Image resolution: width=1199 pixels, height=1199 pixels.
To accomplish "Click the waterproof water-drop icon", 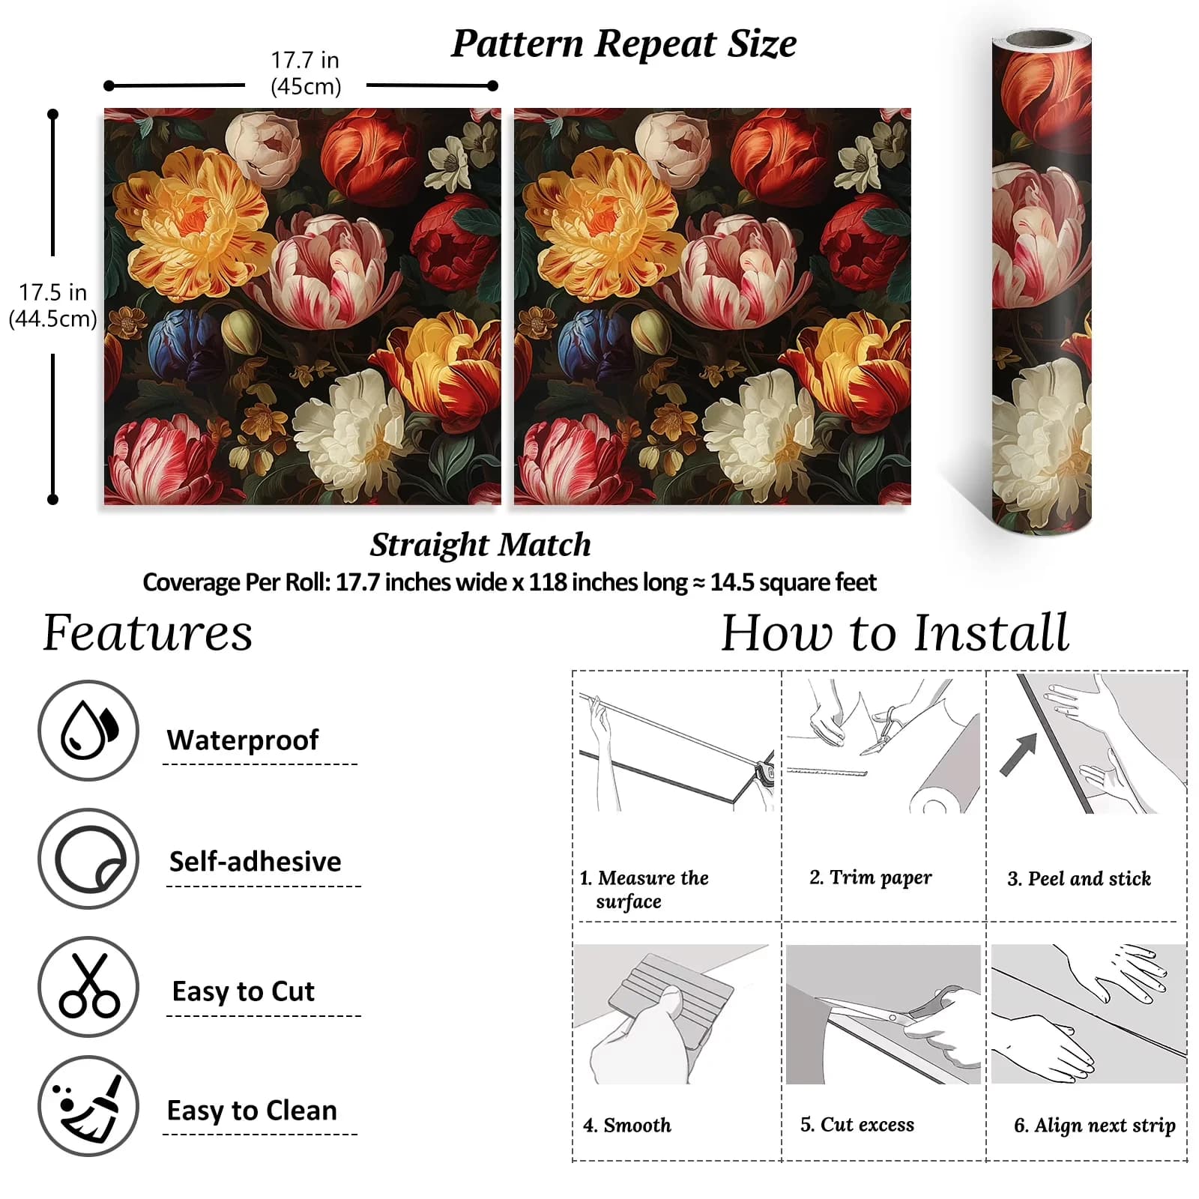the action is [88, 730].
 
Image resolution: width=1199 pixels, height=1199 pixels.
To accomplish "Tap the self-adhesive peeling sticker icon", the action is [88, 859].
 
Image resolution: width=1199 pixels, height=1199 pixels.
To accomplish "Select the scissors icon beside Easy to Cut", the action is [88, 986].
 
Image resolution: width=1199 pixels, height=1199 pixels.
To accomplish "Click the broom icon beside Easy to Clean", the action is [88, 1107].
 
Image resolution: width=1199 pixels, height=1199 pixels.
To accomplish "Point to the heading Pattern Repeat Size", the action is [623, 43].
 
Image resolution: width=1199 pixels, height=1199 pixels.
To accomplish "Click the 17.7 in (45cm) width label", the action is [305, 73].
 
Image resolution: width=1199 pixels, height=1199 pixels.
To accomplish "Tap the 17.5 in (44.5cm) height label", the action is [52, 305].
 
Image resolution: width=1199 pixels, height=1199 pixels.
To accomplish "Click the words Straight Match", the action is [480, 545].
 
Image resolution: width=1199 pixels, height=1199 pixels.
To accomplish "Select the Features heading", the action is [148, 633].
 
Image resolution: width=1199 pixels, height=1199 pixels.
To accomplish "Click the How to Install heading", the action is [895, 633].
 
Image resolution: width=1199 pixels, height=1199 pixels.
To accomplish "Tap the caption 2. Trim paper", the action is [871, 878].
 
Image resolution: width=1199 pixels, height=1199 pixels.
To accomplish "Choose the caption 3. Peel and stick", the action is [1079, 878].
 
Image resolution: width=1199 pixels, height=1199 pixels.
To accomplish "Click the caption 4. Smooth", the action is [627, 1125].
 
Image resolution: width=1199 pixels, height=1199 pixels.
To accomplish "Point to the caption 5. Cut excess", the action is [857, 1124].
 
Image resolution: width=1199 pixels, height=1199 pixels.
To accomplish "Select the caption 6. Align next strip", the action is [1095, 1126].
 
